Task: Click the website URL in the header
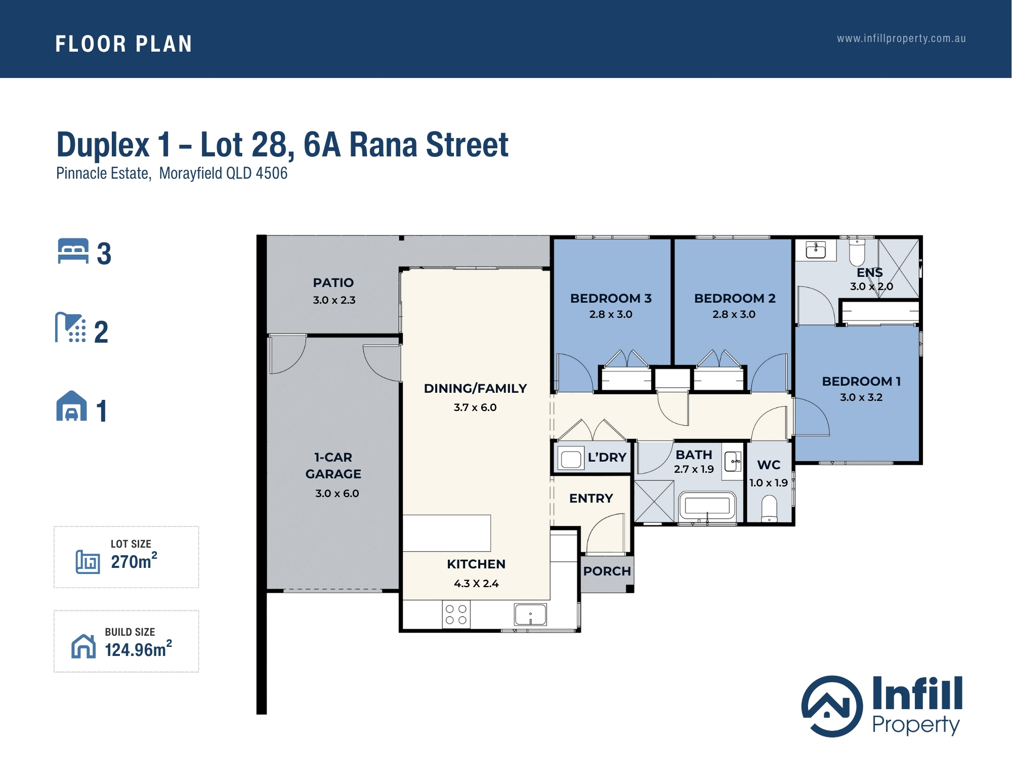901,38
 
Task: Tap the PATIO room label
333,282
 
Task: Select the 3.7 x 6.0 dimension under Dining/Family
475,407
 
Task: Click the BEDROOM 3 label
611,298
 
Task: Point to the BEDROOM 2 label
735,298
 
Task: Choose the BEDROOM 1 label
861,381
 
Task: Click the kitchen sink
530,614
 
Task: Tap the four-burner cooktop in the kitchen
456,614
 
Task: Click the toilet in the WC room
769,509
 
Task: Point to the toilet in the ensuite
857,252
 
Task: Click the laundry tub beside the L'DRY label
570,459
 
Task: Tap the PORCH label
607,571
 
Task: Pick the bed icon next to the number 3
73,251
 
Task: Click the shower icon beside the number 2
71,327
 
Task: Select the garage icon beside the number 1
71,406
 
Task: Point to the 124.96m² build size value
138,649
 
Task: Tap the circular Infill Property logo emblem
832,706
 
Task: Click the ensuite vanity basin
816,250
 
